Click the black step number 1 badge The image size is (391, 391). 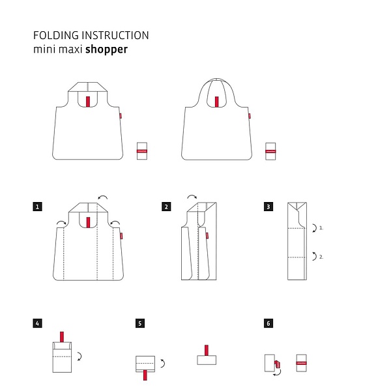[x=37, y=207]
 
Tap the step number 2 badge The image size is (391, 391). [x=166, y=207]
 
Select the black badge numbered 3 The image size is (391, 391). [x=268, y=207]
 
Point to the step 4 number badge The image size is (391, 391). [x=37, y=323]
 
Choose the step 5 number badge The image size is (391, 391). [x=140, y=323]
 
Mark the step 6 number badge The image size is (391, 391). [x=268, y=323]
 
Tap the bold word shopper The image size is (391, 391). [x=106, y=50]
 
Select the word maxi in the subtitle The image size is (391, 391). [x=70, y=50]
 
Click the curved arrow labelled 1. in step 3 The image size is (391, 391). [x=315, y=228]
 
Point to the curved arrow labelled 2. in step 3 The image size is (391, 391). [x=315, y=256]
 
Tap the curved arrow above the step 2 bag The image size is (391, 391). [x=192, y=197]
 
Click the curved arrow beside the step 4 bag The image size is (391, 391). [x=80, y=356]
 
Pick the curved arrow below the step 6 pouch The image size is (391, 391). [x=277, y=373]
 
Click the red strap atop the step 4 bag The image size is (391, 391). [x=62, y=337]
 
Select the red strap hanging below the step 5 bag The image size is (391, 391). [x=145, y=375]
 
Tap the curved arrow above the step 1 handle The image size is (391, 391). [x=103, y=197]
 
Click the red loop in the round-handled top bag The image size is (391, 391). [x=217, y=102]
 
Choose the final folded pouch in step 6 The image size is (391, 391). [x=302, y=363]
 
